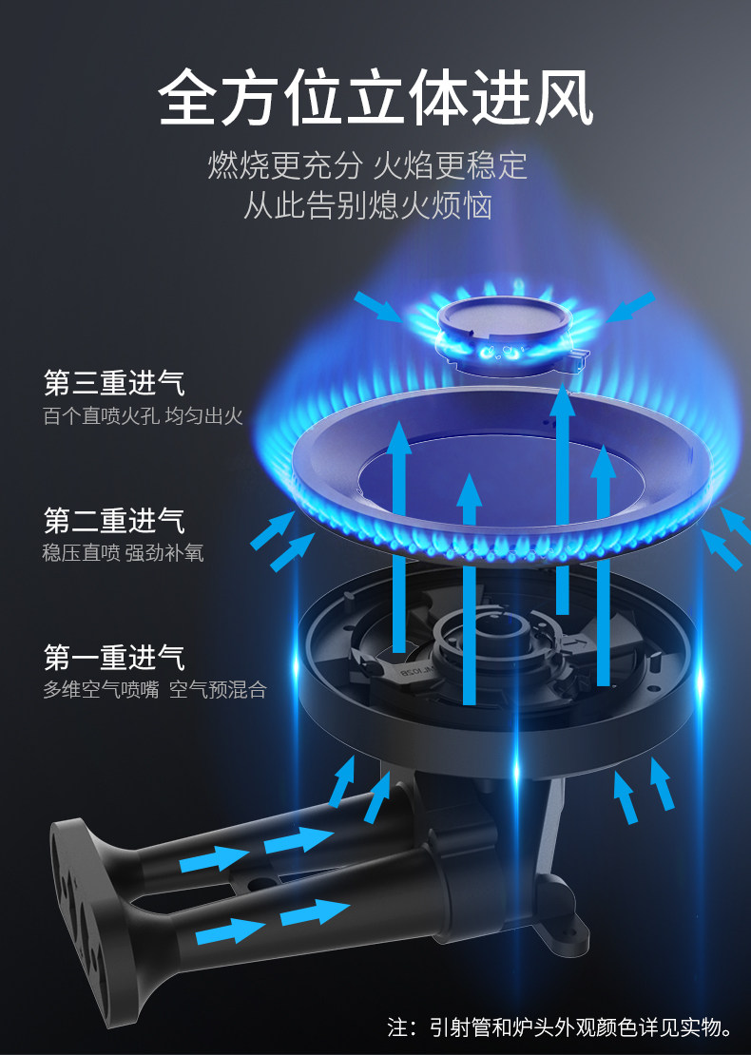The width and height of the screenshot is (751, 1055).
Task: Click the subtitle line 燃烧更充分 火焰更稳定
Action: click(x=367, y=166)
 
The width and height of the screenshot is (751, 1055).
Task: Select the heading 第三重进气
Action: click(x=114, y=384)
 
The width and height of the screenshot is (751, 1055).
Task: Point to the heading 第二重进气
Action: click(x=114, y=521)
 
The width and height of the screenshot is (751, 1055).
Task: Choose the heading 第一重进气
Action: click(x=114, y=658)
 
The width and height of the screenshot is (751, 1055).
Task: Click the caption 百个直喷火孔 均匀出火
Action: click(x=144, y=416)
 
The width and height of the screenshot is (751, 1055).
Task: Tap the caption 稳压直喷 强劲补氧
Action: click(x=123, y=553)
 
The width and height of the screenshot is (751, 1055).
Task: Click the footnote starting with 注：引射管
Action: click(x=561, y=1026)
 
